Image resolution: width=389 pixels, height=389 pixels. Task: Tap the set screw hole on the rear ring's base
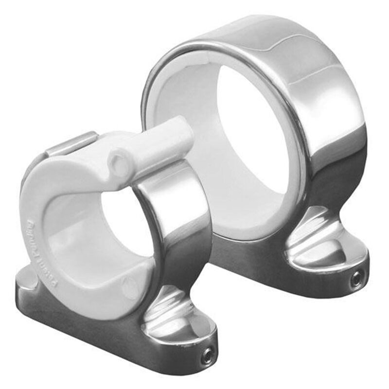click(x=357, y=280)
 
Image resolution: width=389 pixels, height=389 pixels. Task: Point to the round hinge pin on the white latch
click(x=119, y=163)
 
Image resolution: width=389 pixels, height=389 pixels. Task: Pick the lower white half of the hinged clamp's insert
click(x=92, y=272)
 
